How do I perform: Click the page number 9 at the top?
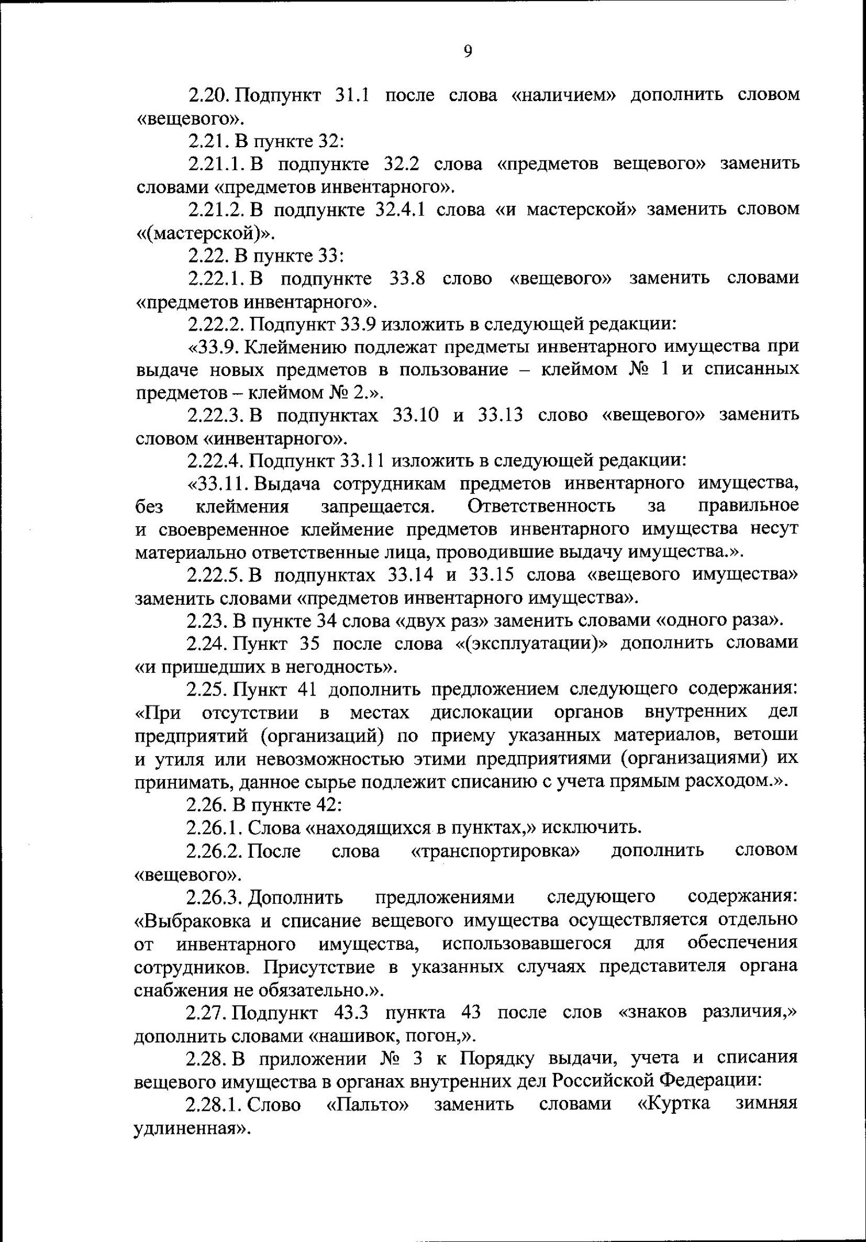point(468,52)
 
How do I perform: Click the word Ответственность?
point(541,506)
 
